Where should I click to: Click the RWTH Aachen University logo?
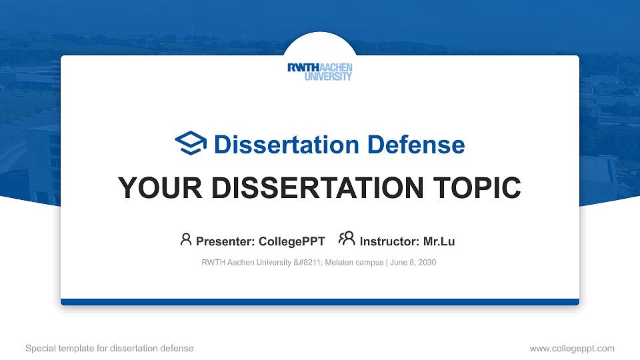(319, 72)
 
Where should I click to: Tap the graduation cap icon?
(191, 144)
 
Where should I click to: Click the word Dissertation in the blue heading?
(279, 145)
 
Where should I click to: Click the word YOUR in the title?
(155, 188)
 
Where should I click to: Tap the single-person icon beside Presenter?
(186, 239)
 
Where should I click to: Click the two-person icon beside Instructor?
(347, 239)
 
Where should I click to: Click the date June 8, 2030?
(413, 263)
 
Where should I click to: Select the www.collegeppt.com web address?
(571, 348)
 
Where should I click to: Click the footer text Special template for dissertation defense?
(109, 348)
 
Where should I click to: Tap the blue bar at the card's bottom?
(319, 302)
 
